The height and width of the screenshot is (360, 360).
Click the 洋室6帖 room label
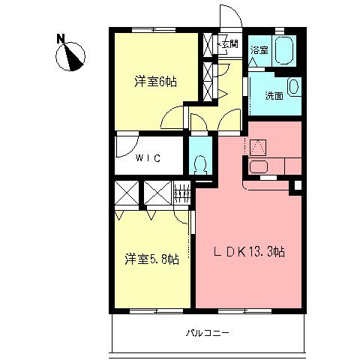coord(155,81)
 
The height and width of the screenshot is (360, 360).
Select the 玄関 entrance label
coord(229,44)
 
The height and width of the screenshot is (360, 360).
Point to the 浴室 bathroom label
coord(259,49)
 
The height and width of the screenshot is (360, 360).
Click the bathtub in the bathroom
coord(285,51)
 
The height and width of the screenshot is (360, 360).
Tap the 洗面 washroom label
coord(274,96)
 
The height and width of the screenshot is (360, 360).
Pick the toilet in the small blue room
coord(200,162)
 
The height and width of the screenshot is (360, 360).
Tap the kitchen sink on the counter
coord(261,167)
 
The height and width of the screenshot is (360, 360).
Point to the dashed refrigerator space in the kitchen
coord(256,145)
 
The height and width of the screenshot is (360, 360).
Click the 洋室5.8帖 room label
coord(151,259)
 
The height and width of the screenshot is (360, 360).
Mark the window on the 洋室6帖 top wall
coord(154,29)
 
